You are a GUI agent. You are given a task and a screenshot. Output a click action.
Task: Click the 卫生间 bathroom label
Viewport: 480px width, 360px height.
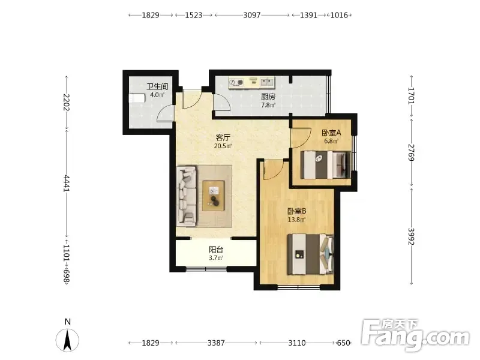point(157,86)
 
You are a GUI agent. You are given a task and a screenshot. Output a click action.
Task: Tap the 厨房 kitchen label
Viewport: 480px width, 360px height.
point(268,97)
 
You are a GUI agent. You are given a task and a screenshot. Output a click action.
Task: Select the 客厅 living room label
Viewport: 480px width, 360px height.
point(223,137)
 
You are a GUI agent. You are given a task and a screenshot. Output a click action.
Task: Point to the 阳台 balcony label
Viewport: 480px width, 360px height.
point(216,250)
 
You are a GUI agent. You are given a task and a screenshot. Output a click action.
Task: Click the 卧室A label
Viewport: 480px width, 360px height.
point(331,133)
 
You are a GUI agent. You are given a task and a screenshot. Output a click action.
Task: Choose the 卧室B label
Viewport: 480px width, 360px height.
point(296,211)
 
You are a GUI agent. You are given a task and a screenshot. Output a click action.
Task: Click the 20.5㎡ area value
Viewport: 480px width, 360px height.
point(223,146)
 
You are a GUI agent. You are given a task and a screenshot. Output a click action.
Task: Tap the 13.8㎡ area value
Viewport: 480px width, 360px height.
point(296,220)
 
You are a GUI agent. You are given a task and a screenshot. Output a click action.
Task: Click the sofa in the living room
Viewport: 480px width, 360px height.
point(187,196)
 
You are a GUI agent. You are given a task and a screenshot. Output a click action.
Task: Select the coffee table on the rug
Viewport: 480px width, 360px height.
point(214,196)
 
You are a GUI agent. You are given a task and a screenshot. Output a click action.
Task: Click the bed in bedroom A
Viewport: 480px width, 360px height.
point(325,164)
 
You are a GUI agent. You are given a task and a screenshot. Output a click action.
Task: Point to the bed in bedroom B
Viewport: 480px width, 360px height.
point(310,254)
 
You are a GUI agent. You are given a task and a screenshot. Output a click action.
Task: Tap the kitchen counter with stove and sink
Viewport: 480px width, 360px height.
point(251,83)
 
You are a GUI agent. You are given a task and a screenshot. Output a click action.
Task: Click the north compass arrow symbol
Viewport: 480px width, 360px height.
point(67,340)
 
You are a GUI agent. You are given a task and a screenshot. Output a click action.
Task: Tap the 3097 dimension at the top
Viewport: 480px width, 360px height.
point(252,15)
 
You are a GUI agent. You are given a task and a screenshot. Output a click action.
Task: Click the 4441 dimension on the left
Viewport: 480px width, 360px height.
point(67,184)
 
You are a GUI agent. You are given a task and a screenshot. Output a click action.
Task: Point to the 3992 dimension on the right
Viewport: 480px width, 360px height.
point(411,236)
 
